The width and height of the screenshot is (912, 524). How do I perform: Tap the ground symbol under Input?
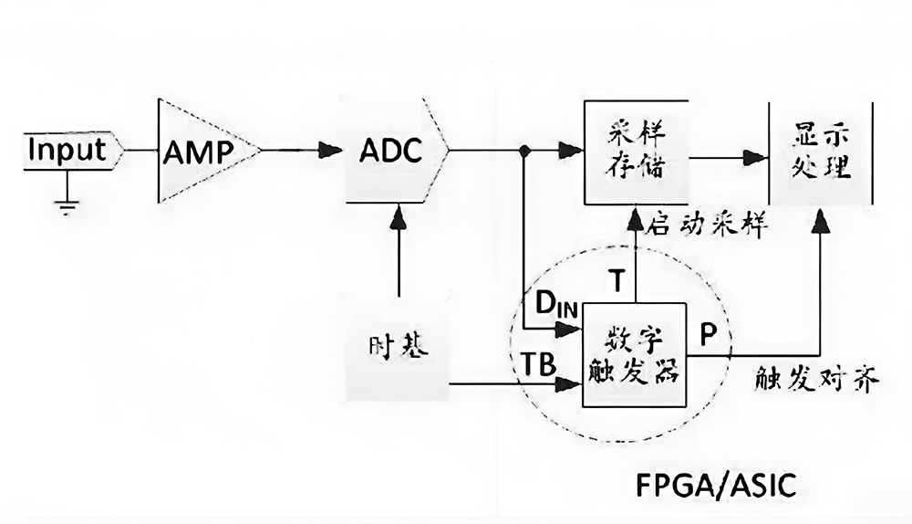coord(66,204)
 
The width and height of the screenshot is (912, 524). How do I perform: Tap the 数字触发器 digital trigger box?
coord(633,357)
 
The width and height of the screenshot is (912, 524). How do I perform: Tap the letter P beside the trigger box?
coord(707,335)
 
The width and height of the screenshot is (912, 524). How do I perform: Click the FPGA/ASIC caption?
coord(716,485)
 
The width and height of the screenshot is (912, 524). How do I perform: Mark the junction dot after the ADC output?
coord(525,151)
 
